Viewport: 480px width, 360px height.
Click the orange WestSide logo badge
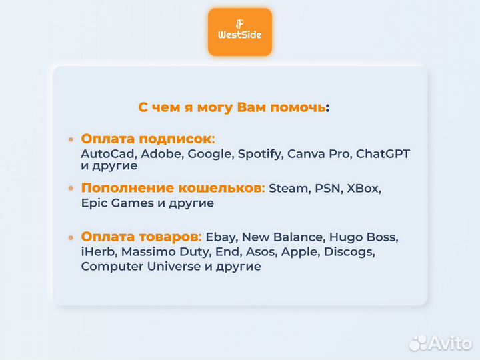[x=239, y=32]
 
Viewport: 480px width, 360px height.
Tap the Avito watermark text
[x=449, y=343]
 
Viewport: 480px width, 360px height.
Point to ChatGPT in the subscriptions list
[x=383, y=154]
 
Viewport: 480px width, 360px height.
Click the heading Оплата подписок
[x=146, y=139]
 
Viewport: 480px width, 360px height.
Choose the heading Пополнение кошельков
[x=173, y=188]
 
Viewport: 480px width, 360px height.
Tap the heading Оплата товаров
[x=140, y=237]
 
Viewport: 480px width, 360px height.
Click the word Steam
[x=288, y=189]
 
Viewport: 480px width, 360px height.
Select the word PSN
[x=326, y=189]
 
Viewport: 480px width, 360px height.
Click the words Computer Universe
[x=139, y=267]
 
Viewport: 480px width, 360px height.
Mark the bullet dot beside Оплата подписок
[x=71, y=139]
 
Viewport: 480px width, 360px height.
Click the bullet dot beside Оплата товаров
[x=71, y=237]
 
